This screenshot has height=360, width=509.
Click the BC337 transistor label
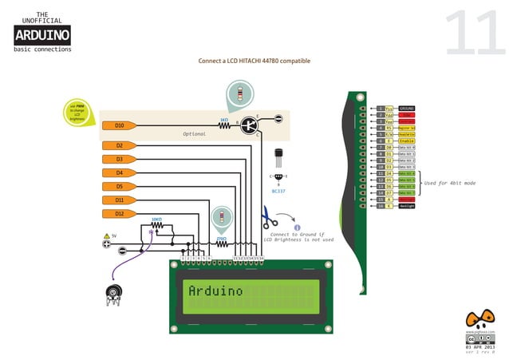pyautogui.click(x=278, y=192)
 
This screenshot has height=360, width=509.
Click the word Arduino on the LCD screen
pyautogui.click(x=215, y=291)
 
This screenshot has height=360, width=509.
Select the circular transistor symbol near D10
pyautogui.click(x=250, y=125)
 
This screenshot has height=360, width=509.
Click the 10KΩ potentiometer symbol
pyautogui.click(x=157, y=225)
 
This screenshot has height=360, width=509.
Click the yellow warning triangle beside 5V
pyautogui.click(x=106, y=236)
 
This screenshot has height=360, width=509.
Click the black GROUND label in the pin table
pyautogui.click(x=407, y=108)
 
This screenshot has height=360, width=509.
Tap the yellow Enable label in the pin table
pyautogui.click(x=407, y=140)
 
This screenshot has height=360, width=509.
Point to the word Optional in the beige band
pyautogui.click(x=194, y=134)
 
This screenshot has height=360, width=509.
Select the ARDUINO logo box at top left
pyautogui.click(x=42, y=34)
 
